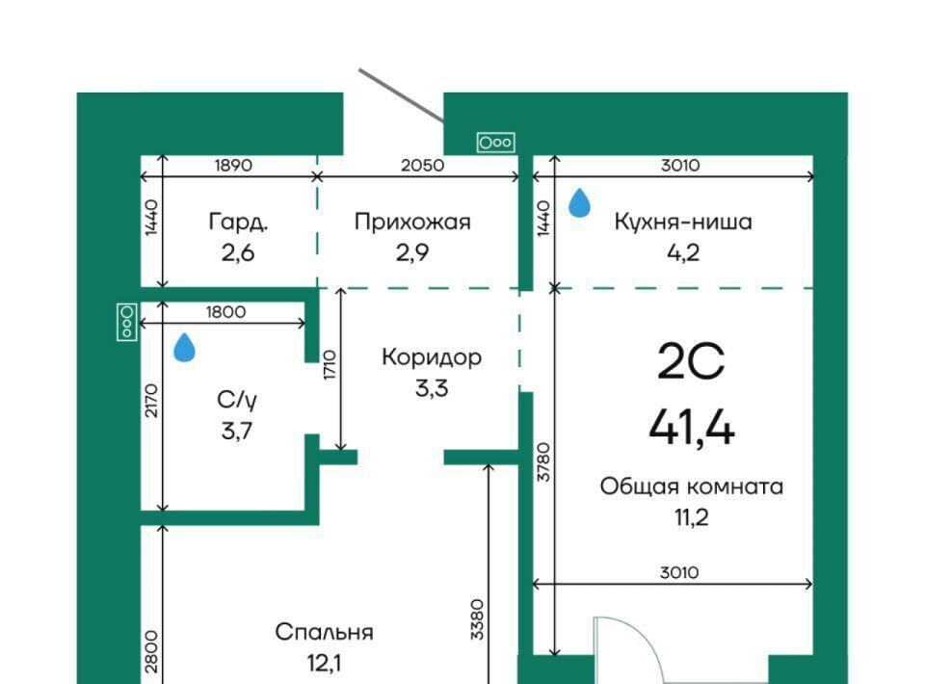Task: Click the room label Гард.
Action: click(x=238, y=223)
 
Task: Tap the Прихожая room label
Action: click(x=412, y=223)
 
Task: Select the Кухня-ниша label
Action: click(x=683, y=222)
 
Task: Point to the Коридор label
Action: click(x=432, y=357)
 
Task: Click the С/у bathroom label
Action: click(x=237, y=401)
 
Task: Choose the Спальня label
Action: click(x=324, y=632)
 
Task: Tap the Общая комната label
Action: click(x=692, y=487)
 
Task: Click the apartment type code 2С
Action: click(x=691, y=361)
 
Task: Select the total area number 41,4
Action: click(x=692, y=427)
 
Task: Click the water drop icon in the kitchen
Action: click(x=579, y=203)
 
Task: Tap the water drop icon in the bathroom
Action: click(x=185, y=347)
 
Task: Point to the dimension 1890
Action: click(x=233, y=165)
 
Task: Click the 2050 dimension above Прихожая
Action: click(x=422, y=165)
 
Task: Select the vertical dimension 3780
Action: click(x=543, y=462)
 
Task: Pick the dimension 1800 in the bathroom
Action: click(x=225, y=311)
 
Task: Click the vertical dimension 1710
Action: click(x=330, y=365)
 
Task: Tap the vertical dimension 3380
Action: click(x=477, y=619)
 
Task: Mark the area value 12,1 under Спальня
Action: click(x=324, y=664)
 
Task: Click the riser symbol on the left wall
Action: click(x=127, y=322)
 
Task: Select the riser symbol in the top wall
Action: click(x=495, y=143)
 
